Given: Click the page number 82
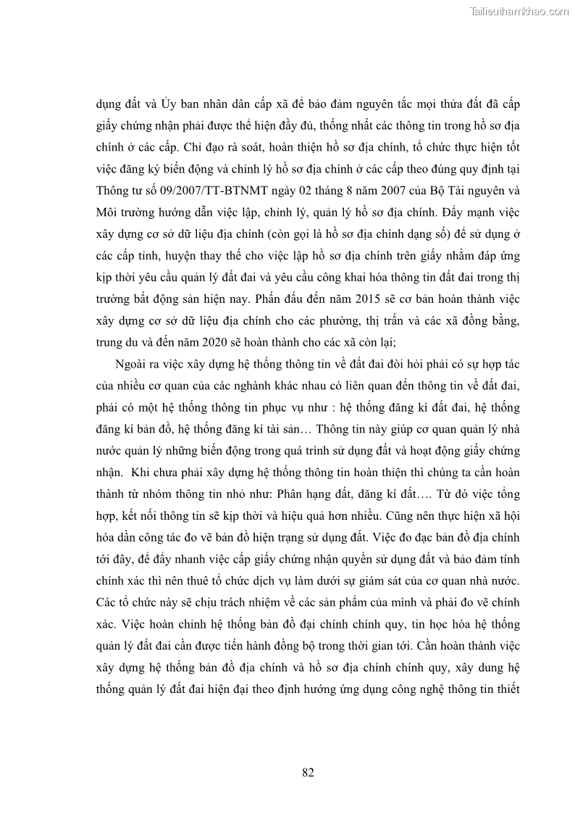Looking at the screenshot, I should (308, 773).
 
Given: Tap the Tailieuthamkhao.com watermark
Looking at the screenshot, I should (519, 11).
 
